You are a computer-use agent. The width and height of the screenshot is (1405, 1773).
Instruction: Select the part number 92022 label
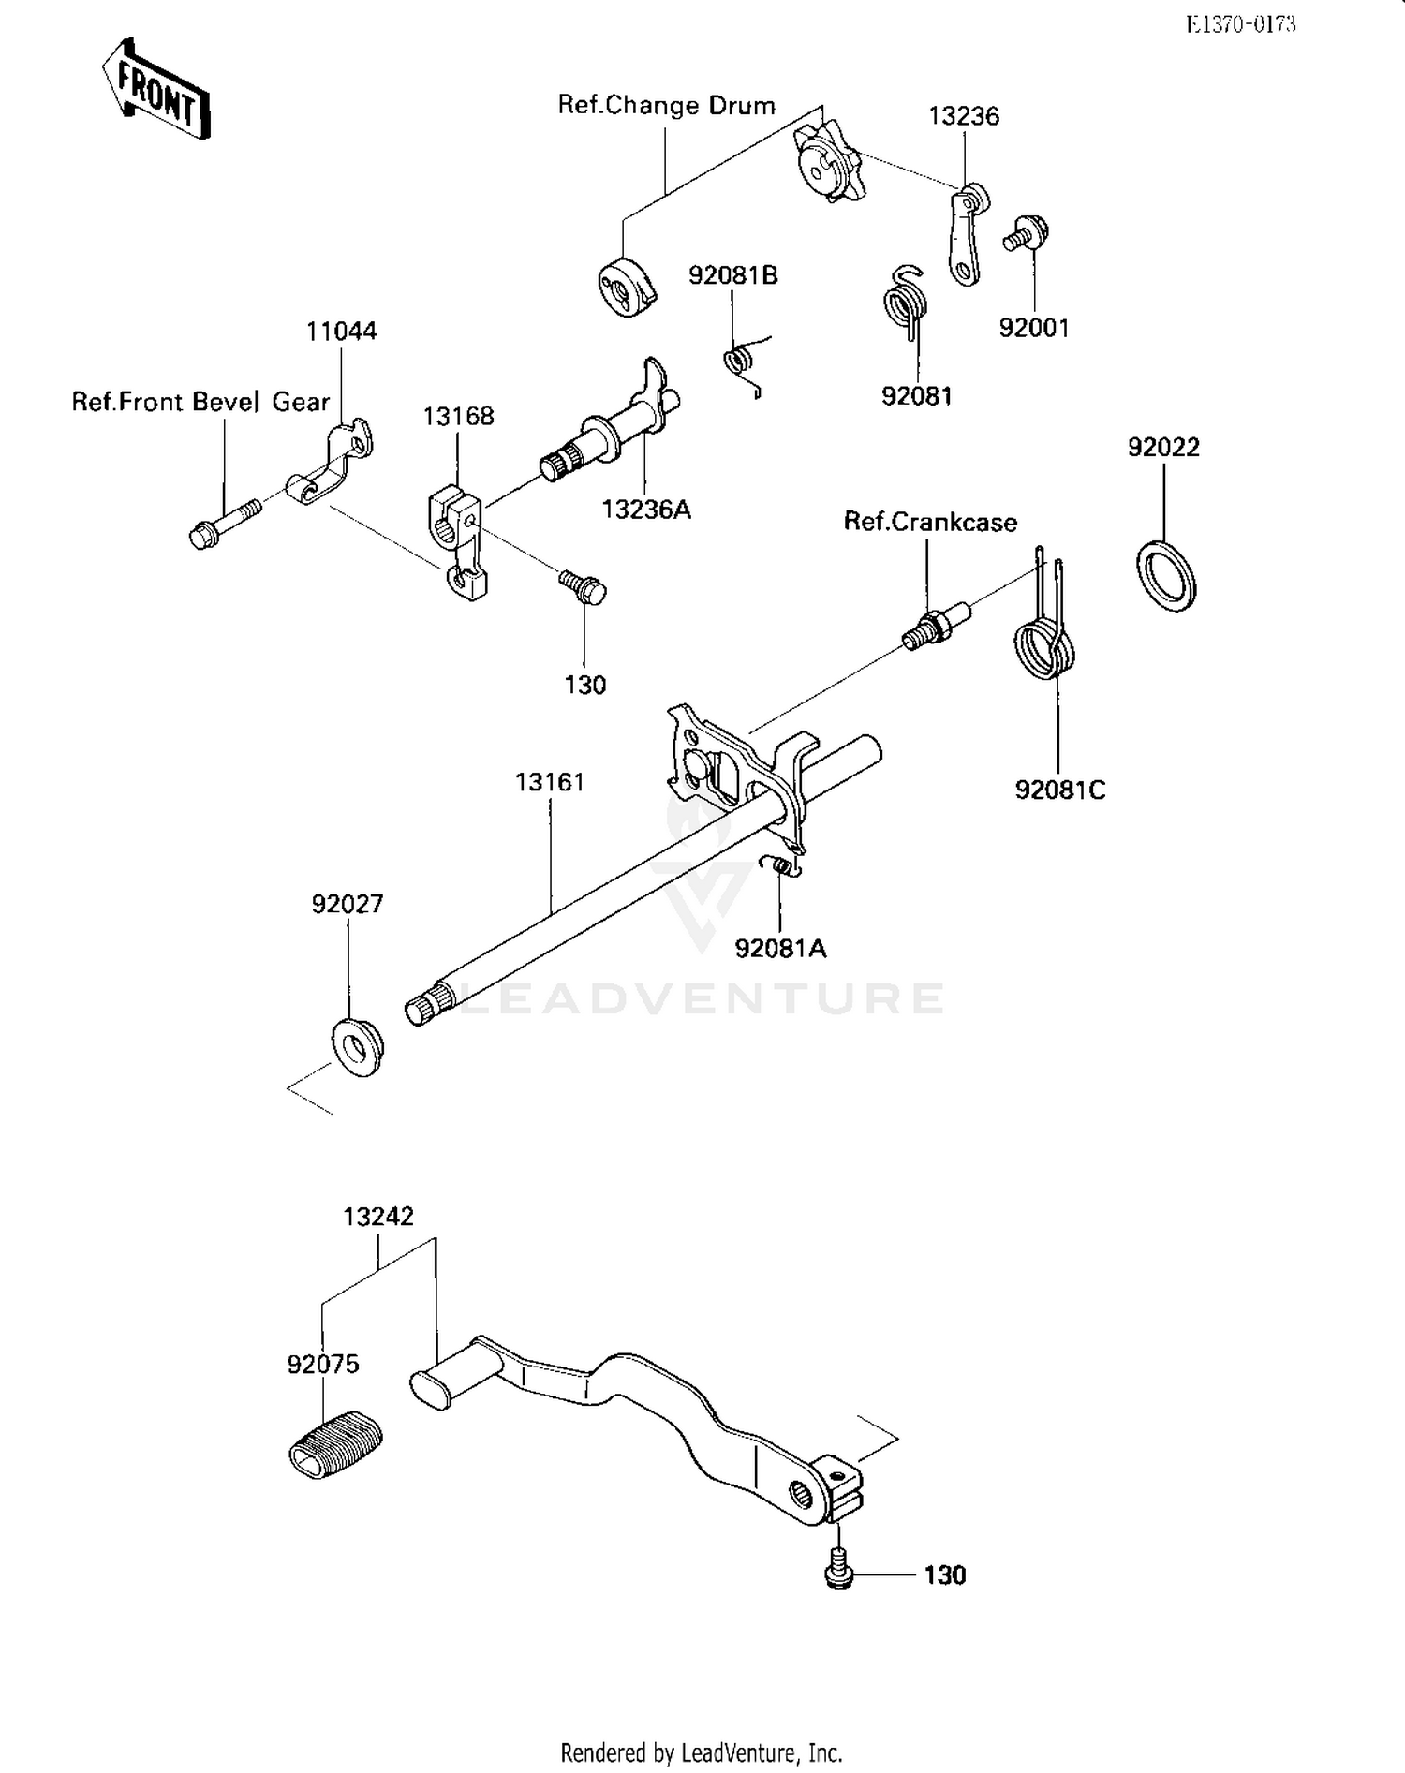(1163, 448)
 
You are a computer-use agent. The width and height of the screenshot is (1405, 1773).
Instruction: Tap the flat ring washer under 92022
(1166, 576)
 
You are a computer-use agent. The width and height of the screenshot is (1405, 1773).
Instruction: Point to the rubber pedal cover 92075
(335, 1443)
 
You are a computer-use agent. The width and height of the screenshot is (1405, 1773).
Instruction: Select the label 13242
(378, 1217)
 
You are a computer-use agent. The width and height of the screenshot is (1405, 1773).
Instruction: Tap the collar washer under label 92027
(357, 1045)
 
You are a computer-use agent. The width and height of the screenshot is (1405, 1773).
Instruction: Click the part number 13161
(550, 781)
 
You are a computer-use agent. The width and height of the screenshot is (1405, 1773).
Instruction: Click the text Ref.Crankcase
(930, 522)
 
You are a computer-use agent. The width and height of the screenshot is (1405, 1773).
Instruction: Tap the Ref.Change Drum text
(666, 105)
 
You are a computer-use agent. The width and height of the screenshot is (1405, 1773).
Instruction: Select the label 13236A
(646, 510)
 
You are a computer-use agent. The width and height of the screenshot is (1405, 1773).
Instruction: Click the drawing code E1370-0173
(1240, 24)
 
